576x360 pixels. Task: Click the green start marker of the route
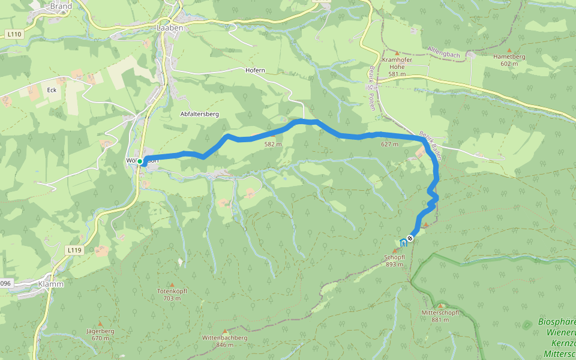coord(140,161)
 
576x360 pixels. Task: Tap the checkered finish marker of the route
coord(410,239)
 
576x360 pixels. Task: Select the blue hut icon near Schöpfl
coord(402,242)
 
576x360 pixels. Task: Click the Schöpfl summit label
coord(395,260)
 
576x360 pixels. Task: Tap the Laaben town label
coord(169,28)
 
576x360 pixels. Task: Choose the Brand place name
coord(61,7)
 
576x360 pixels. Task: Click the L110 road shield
coord(15,35)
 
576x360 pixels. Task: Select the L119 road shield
coord(74,250)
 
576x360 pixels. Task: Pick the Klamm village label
coord(50,284)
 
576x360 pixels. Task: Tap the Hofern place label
coord(255,70)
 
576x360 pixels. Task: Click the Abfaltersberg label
coord(200,113)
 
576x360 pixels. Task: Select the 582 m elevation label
coord(273,144)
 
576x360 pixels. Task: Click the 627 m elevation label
coord(389,144)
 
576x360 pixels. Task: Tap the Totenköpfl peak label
coord(172,294)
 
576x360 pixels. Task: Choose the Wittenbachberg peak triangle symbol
coord(225,331)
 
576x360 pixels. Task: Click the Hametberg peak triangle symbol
coord(509,50)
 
